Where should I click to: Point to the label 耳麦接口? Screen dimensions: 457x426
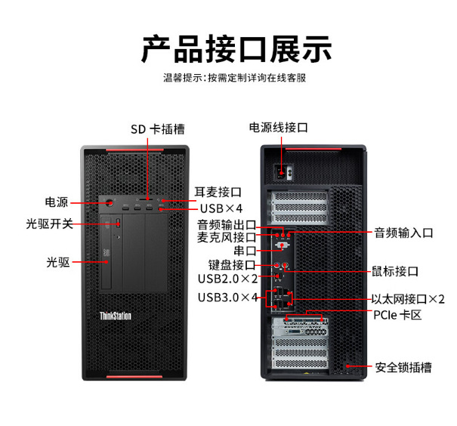coord(218,192)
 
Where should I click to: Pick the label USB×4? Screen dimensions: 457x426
coord(221,208)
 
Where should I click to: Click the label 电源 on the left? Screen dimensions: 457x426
coord(57,202)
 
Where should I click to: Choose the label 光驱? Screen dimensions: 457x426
coord(57,262)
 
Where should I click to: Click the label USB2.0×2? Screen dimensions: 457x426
coord(227,279)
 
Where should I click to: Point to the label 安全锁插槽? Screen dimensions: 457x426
coord(403,368)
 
